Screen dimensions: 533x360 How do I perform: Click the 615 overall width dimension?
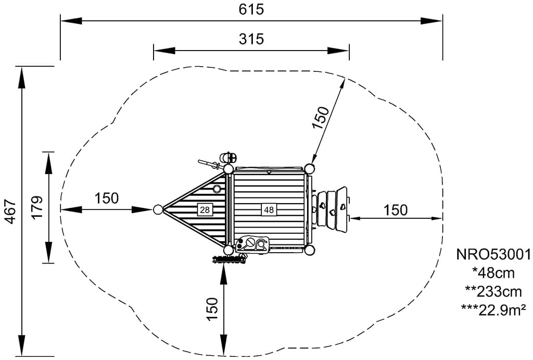pyautogui.click(x=251, y=9)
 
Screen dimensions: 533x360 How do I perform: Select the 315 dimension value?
pyautogui.click(x=251, y=39)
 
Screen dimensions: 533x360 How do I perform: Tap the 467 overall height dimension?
pyautogui.click(x=11, y=212)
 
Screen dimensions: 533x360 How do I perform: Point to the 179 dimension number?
pyautogui.click(x=37, y=207)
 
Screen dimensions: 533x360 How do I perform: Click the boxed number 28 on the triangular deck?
pyautogui.click(x=205, y=209)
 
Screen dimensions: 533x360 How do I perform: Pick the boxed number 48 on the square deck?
pyautogui.click(x=269, y=209)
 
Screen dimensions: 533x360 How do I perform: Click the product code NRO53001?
pyautogui.click(x=493, y=254)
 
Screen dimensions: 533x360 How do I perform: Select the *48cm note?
pyautogui.click(x=493, y=273)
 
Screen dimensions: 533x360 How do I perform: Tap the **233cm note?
pyautogui.click(x=493, y=292)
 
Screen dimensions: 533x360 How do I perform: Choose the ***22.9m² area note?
pyautogui.click(x=493, y=310)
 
